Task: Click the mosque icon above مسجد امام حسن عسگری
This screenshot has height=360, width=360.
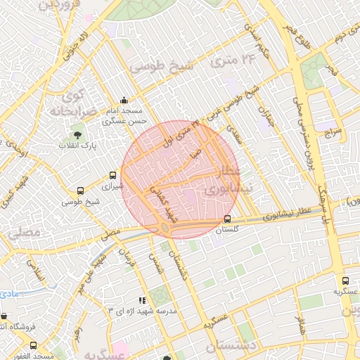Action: click(124, 100)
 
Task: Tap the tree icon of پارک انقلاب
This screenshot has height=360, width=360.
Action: click(77, 134)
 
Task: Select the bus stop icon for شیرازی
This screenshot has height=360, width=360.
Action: click(112, 175)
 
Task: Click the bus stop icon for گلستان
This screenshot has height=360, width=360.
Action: click(226, 219)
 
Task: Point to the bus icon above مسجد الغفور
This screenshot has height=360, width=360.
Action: click(34, 345)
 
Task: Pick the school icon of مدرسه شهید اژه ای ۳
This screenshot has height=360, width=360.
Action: click(143, 300)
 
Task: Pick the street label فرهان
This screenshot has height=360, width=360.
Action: click(127, 259)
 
